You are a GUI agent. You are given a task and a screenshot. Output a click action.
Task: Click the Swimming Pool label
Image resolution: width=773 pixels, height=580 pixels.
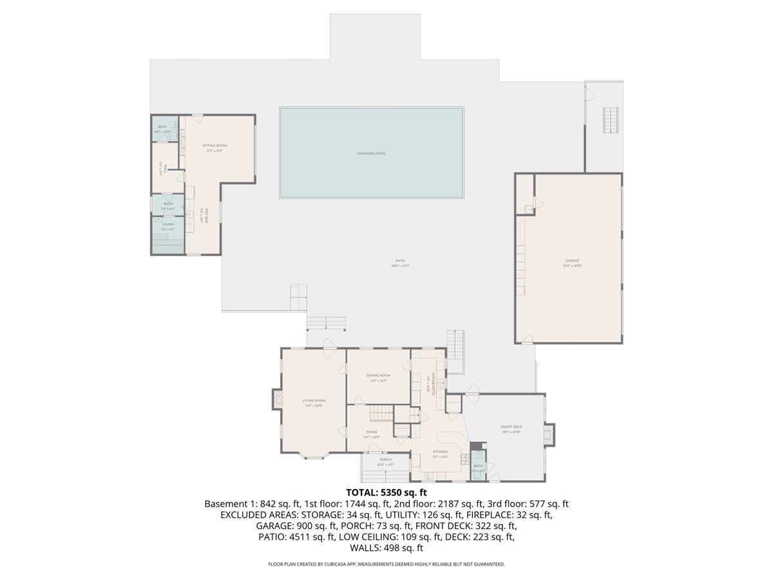tap(372, 153)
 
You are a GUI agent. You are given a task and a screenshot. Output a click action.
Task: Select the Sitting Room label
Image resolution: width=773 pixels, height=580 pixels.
tap(215, 146)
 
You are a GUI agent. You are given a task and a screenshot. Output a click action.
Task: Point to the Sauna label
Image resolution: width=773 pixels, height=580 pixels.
tap(167, 224)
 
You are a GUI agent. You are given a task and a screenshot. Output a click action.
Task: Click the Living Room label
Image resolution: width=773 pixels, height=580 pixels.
tap(314, 401)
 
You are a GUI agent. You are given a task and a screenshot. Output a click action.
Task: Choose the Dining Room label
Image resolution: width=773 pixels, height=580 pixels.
tap(378, 375)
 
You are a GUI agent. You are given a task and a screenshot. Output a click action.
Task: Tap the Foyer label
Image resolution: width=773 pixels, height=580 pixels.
tap(371, 432)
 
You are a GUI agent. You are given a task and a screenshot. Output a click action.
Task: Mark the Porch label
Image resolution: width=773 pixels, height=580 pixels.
tap(385, 459)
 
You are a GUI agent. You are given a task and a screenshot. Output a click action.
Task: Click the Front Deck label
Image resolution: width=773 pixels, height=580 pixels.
tap(511, 427)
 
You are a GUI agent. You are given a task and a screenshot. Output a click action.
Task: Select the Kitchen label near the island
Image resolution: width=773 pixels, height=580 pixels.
tap(440, 452)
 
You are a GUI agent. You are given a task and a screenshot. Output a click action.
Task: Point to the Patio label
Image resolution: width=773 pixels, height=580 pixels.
tap(400, 260)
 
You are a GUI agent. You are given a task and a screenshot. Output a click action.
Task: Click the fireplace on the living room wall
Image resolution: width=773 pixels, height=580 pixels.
tap(277, 400)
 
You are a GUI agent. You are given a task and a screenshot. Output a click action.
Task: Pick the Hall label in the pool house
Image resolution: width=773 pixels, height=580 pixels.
tap(165, 169)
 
